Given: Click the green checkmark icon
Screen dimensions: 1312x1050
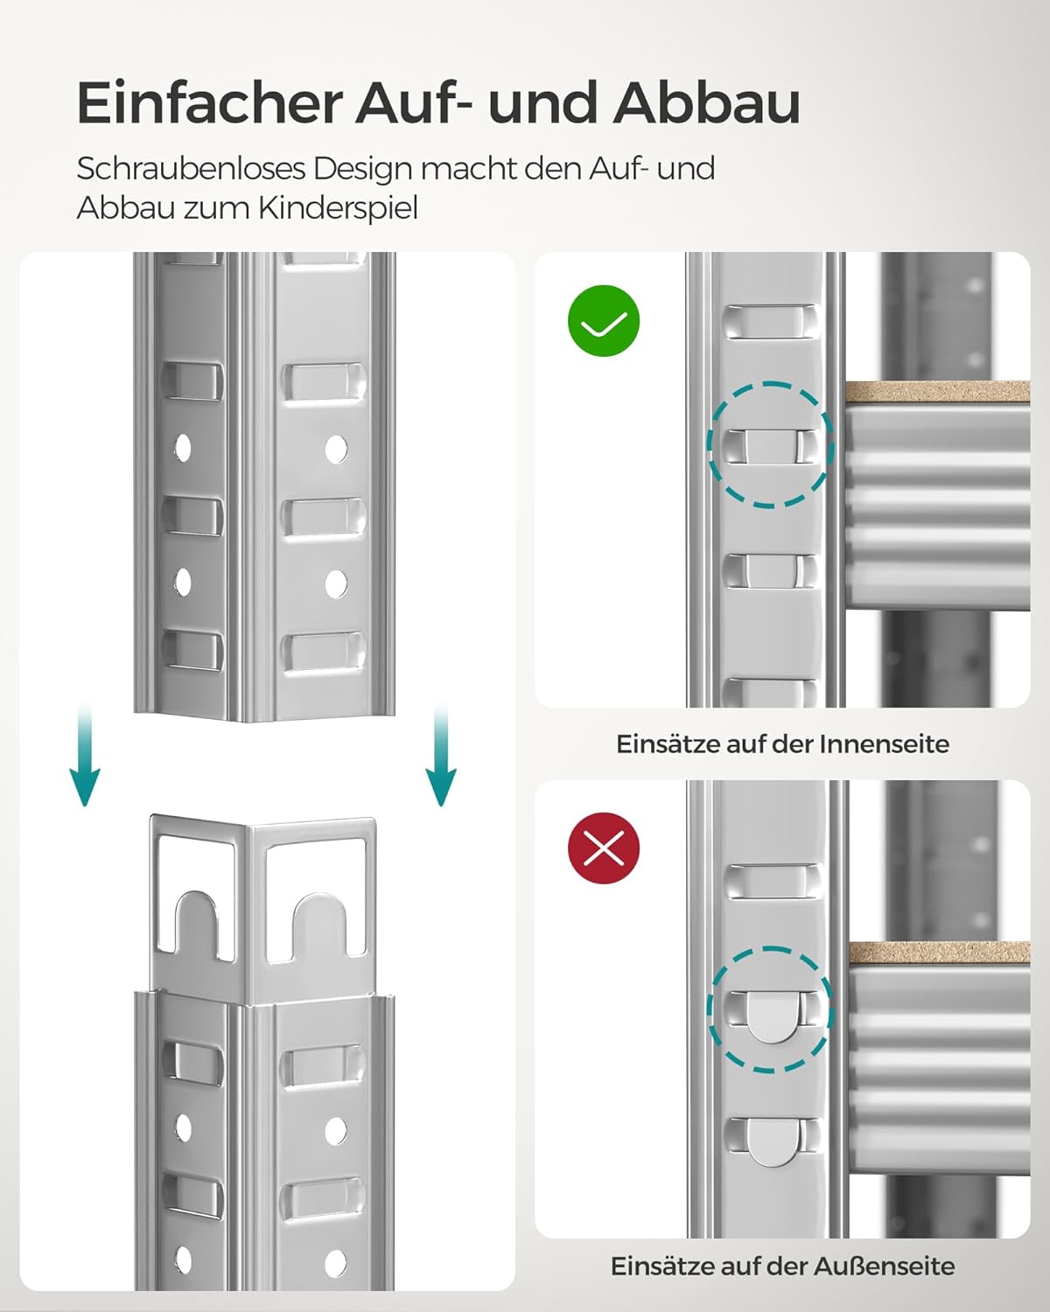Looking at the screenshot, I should coord(604,321).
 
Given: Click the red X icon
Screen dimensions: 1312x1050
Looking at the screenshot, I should coord(604,848).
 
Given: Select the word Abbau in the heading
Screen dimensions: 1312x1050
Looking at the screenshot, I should coord(706,103).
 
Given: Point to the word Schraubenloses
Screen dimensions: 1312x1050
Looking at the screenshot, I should coord(191,168).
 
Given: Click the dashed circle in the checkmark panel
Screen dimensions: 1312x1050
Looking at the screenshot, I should coord(770,444).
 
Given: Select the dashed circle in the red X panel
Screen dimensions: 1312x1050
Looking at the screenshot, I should coord(770,1008).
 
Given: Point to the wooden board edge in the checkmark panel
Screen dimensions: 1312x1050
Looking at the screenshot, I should coord(936,392).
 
